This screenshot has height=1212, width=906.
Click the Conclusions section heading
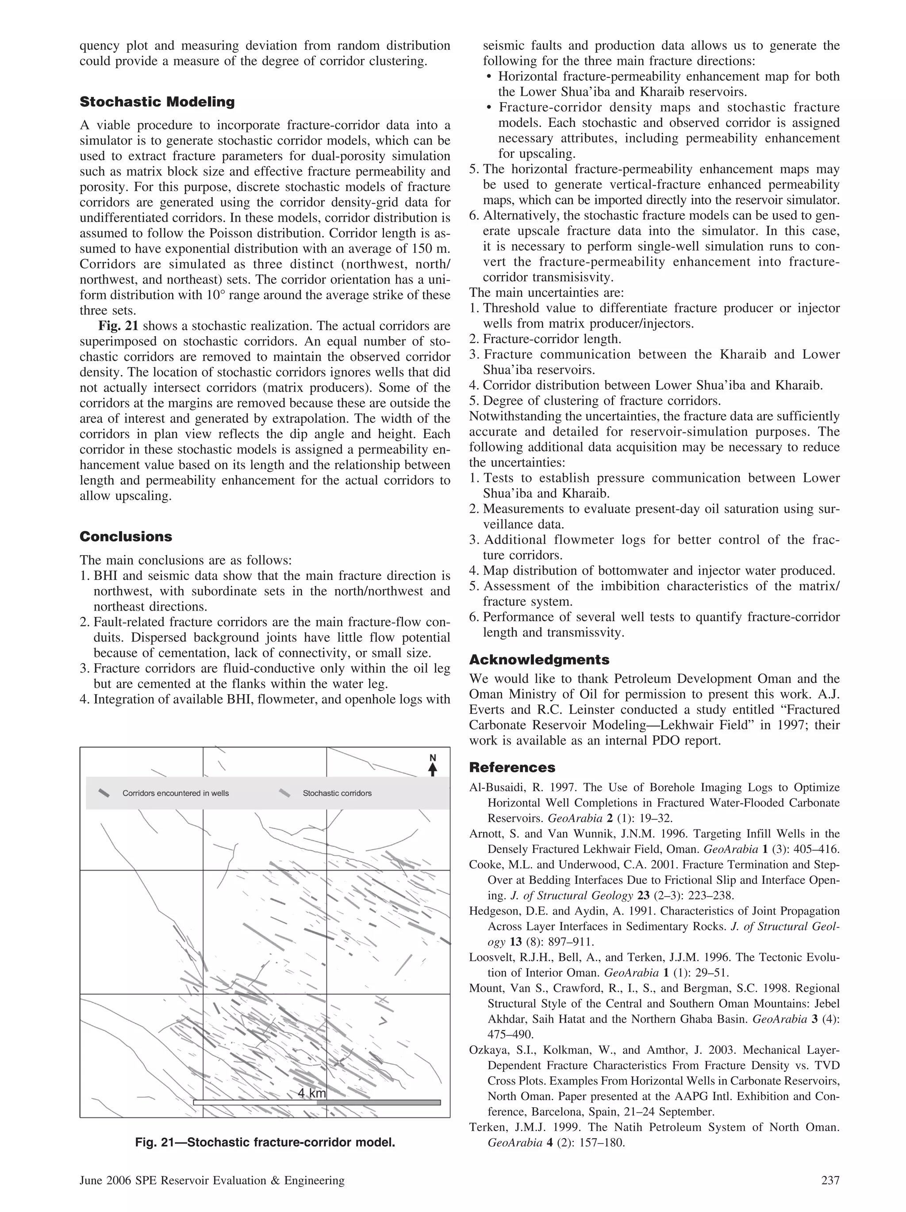pyautogui.click(x=126, y=536)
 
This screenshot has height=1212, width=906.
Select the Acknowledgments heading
pyautogui.click(x=539, y=659)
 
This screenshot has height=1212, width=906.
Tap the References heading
pyautogui.click(x=512, y=767)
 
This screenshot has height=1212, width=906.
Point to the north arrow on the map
pyautogui.click(x=433, y=766)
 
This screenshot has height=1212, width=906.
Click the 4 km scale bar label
pyautogui.click(x=312, y=1093)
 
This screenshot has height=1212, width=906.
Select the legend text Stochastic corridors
pyautogui.click(x=337, y=793)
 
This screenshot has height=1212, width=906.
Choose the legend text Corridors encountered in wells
pyautogui.click(x=175, y=793)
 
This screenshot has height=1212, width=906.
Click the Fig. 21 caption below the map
pyautogui.click(x=265, y=1143)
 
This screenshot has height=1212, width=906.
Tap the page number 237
pyautogui.click(x=830, y=1180)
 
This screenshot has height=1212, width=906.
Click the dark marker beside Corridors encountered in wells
pyautogui.click(x=104, y=793)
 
